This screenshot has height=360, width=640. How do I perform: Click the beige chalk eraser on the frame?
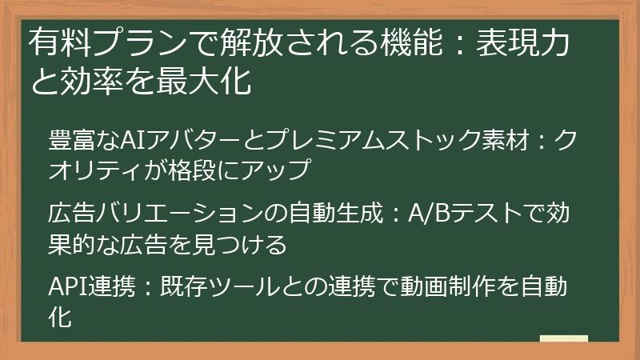(x=563, y=339)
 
